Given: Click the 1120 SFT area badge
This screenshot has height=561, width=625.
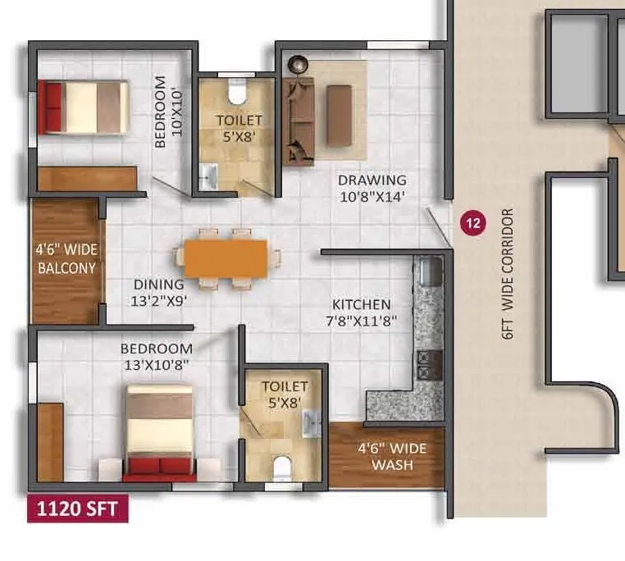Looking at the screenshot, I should [x=78, y=509].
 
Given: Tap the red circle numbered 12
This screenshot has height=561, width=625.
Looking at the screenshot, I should [x=472, y=221].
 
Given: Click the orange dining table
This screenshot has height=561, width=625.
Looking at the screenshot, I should [x=226, y=258].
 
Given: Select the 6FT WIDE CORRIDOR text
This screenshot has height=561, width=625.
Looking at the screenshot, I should [x=508, y=274].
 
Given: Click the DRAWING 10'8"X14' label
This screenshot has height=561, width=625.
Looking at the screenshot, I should [x=372, y=188].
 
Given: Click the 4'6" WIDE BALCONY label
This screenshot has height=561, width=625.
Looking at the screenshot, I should [x=66, y=260].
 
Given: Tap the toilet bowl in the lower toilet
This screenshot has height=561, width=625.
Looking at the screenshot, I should [x=281, y=467].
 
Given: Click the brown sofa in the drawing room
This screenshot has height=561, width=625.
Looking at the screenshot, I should [x=300, y=121].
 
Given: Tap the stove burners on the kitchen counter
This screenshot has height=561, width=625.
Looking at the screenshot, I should [x=426, y=363].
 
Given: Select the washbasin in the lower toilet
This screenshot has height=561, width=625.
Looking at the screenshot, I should [x=311, y=422].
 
